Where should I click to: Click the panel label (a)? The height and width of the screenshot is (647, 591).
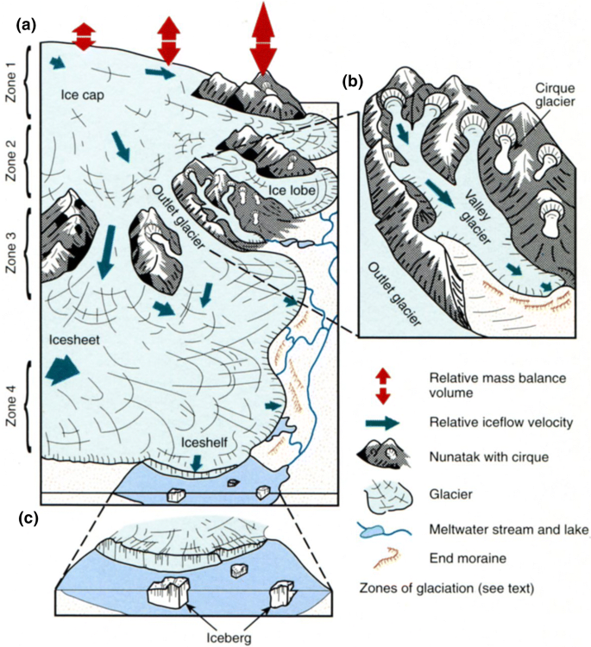pyautogui.click(x=25, y=25)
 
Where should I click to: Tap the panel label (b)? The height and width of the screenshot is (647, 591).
pyautogui.click(x=354, y=82)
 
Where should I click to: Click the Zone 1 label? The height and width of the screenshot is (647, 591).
pyautogui.click(x=10, y=79)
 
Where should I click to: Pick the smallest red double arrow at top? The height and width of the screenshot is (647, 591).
pyautogui.click(x=84, y=36)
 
